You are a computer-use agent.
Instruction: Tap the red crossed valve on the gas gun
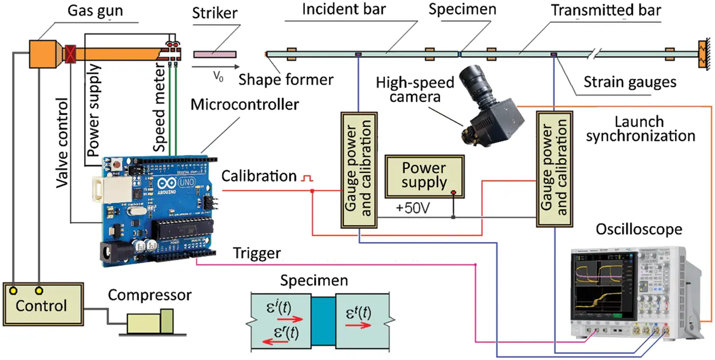(71, 53)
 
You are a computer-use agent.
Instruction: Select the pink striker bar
(214, 54)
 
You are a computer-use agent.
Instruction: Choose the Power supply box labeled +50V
(424, 175)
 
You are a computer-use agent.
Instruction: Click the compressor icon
(150, 322)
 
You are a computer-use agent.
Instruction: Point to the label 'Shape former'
(286, 80)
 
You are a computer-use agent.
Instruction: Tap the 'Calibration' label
(259, 176)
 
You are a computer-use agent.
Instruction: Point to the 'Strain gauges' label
(630, 82)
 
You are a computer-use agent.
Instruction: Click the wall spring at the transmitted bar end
(701, 54)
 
